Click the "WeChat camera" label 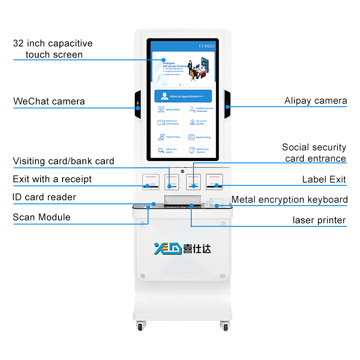point(49,101)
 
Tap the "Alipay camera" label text point(315,101)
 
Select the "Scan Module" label point(41,217)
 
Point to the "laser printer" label point(319,220)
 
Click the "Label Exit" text point(324,180)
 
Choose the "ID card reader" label point(45,197)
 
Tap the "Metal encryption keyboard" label point(289,200)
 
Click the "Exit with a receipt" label point(52,179)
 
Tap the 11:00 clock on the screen point(204,46)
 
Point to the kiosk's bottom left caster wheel point(140,327)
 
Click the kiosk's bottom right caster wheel point(224,327)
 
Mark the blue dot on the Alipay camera point(228,107)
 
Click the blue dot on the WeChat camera point(138,108)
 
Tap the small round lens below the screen point(182,171)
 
